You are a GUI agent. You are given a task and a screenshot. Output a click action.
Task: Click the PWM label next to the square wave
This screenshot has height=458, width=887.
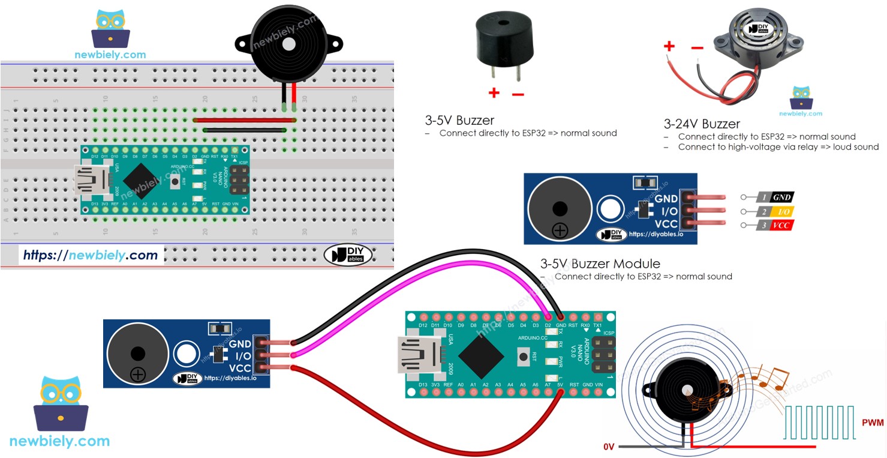873,423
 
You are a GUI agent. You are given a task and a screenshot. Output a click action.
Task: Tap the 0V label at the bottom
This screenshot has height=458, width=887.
609,447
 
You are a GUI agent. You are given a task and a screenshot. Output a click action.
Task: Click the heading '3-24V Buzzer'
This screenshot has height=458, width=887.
702,124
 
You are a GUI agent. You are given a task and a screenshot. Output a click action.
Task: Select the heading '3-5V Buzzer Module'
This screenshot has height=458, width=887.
600,264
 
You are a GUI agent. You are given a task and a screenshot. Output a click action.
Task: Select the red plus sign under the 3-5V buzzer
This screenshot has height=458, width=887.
494,93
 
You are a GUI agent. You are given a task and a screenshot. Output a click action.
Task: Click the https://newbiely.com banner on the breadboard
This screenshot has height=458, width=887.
91,255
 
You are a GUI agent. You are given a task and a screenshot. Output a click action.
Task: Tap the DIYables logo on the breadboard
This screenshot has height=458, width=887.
348,255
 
